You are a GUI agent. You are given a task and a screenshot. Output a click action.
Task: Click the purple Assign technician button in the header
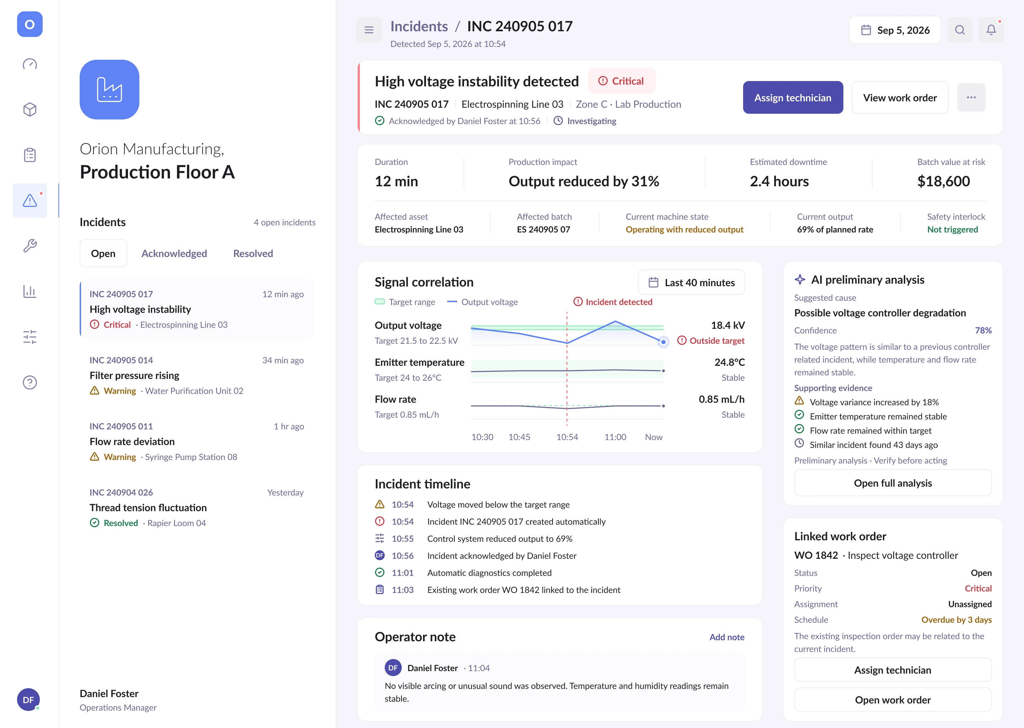793,98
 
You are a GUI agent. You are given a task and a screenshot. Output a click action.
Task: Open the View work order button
900,98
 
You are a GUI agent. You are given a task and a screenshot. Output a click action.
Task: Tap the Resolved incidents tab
253,253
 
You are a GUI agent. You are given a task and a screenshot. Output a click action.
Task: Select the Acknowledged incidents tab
174,253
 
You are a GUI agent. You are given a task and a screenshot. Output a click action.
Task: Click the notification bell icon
991,30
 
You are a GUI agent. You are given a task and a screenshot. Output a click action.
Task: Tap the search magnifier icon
960,30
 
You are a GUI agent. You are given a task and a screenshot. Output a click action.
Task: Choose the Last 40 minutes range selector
691,282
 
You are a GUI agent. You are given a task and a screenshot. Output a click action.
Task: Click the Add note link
727,637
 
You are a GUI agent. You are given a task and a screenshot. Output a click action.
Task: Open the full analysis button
893,483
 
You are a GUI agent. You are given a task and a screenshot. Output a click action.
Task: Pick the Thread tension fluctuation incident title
148,508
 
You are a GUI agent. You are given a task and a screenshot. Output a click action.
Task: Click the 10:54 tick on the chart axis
567,437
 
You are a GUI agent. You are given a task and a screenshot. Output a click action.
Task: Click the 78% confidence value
983,330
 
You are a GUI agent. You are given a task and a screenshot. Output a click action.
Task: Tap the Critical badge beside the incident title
622,81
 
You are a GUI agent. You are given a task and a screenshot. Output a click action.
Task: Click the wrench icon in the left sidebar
30,246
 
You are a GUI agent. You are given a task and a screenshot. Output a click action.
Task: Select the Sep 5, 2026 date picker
895,30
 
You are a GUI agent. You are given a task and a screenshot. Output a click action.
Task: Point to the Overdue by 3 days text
956,620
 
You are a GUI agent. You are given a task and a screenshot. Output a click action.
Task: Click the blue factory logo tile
110,90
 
